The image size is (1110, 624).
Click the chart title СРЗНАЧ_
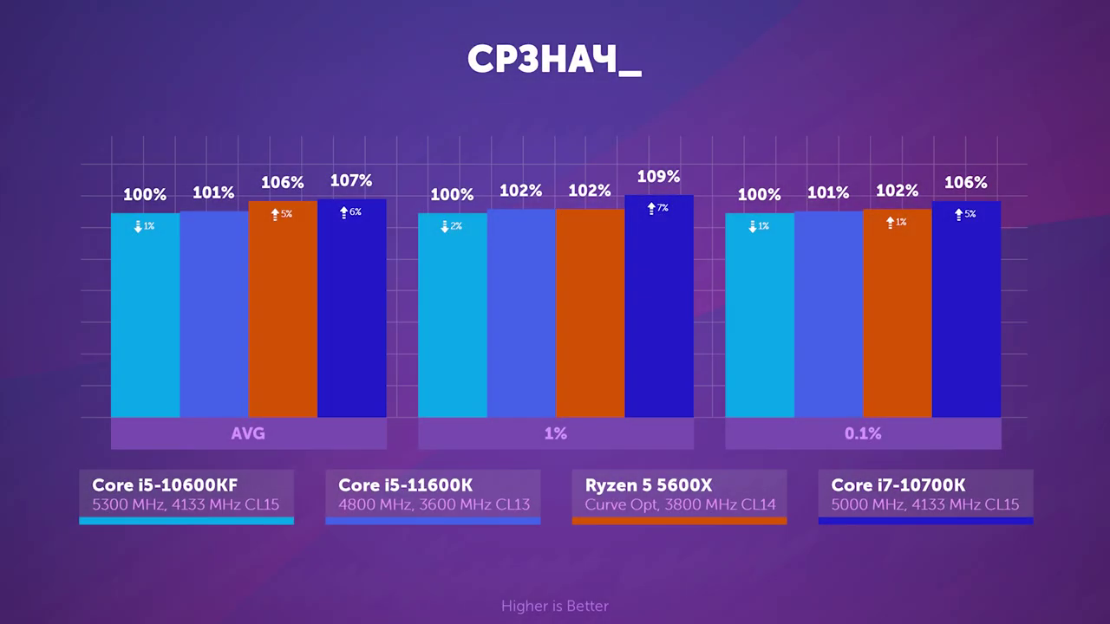[554, 60]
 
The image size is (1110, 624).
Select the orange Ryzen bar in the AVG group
[283, 312]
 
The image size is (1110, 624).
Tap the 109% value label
[658, 177]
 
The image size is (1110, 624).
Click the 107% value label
[351, 181]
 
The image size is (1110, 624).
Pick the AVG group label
[248, 433]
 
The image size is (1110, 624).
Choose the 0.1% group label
[863, 433]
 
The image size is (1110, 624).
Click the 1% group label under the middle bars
[556, 433]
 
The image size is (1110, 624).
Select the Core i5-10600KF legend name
[165, 485]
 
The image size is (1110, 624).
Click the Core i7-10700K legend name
[898, 485]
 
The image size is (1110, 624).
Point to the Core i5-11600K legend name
[406, 485]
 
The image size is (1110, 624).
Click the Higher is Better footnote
[555, 606]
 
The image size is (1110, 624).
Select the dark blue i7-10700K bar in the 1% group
[659, 312]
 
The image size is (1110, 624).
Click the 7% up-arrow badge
[657, 209]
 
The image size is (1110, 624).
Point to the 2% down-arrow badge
[451, 226]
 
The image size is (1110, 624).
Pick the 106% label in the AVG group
[283, 183]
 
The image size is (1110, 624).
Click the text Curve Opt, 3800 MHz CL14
[680, 504]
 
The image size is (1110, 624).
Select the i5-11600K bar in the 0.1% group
[828, 316]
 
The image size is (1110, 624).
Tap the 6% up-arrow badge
[350, 212]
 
